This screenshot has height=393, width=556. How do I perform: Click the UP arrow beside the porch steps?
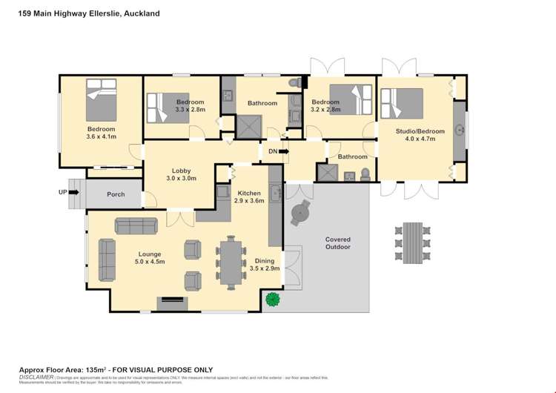73,191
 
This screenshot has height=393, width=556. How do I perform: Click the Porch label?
116,195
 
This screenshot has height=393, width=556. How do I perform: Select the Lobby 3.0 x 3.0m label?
182,174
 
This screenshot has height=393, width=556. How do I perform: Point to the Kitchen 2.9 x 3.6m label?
248,196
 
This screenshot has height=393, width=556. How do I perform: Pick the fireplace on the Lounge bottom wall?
171,300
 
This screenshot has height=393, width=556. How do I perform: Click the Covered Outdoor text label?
337,243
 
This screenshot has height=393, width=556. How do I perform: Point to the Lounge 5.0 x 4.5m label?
150,257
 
